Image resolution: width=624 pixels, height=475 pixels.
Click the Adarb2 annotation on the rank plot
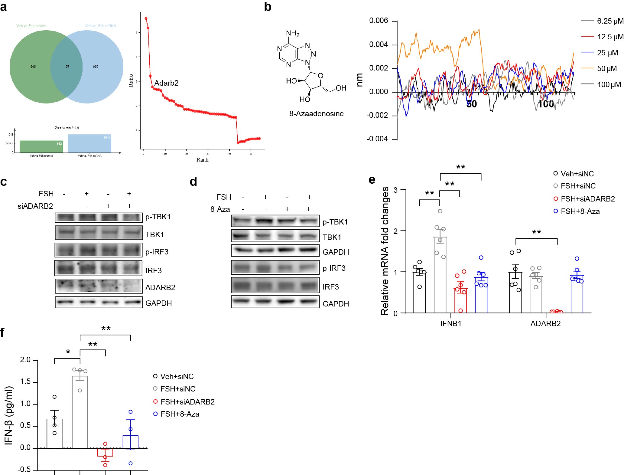pyautogui.click(x=166, y=83)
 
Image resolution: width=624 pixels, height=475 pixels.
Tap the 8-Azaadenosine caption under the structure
pyautogui.click(x=316, y=114)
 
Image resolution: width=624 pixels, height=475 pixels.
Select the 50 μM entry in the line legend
pyautogui.click(x=607, y=68)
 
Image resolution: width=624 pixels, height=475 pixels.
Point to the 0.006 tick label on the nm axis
pyautogui.click(x=379, y=21)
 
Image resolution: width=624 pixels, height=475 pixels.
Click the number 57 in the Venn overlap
pyautogui.click(x=67, y=67)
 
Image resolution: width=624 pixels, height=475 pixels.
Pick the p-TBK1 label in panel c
pyautogui.click(x=158, y=217)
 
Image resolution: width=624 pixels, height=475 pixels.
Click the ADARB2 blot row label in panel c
pyautogui.click(x=160, y=287)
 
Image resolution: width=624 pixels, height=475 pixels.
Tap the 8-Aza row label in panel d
pyautogui.click(x=220, y=209)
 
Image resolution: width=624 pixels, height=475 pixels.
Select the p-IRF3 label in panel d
pyautogui.click(x=334, y=268)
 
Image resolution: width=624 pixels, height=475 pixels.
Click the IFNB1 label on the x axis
pyautogui.click(x=451, y=323)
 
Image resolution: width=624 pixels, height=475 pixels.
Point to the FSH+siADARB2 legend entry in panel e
pyautogui.click(x=587, y=199)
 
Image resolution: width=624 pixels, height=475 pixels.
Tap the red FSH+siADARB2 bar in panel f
pyautogui.click(x=105, y=452)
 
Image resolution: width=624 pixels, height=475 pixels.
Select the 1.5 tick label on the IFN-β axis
pyautogui.click(x=25, y=382)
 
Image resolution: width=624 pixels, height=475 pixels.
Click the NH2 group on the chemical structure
pyautogui.click(x=292, y=33)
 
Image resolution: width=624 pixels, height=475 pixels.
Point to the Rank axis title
pyautogui.click(x=202, y=160)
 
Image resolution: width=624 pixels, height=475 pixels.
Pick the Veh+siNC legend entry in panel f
pyautogui.click(x=177, y=376)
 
